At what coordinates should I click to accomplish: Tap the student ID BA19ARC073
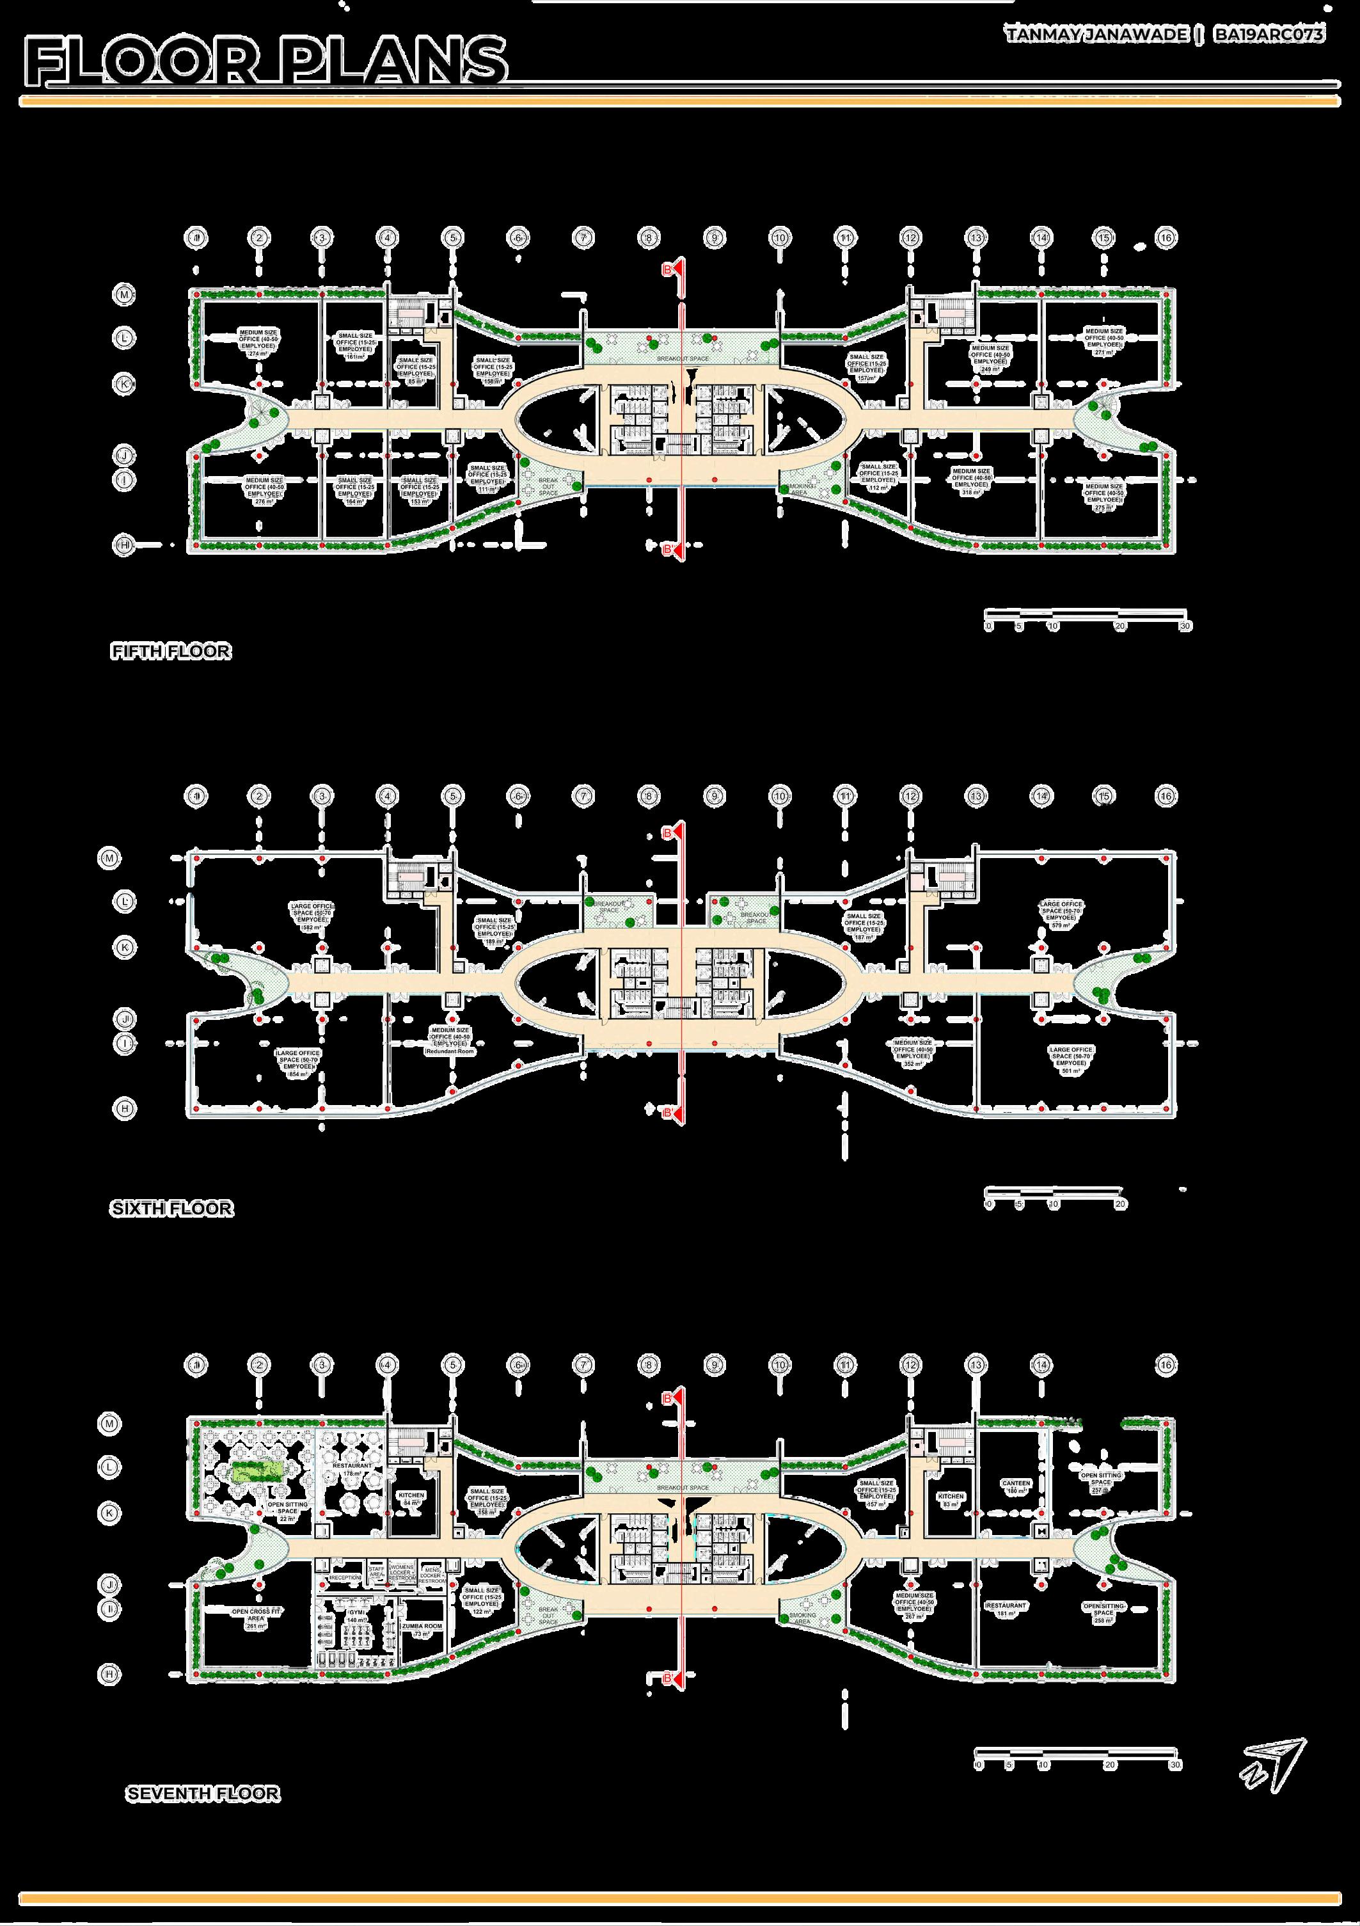click(x=1269, y=35)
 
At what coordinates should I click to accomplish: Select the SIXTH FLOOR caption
click(x=171, y=1209)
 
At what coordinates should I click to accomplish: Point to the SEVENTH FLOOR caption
click(x=203, y=1794)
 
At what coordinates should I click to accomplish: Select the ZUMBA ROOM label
click(x=421, y=1630)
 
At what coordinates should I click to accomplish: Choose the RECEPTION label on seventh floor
click(x=345, y=1578)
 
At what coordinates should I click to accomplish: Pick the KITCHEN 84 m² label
click(x=411, y=1499)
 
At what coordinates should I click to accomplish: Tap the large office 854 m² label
click(x=299, y=1063)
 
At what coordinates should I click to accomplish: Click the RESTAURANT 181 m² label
click(x=1006, y=1609)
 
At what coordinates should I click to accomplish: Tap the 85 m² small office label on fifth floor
click(x=416, y=370)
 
